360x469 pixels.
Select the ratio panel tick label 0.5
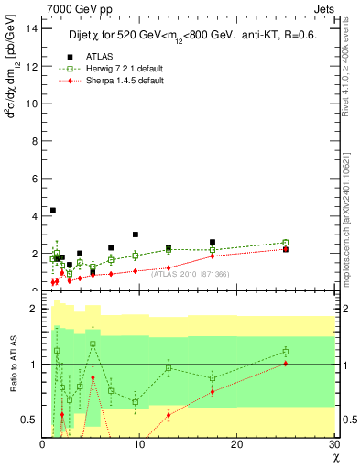pyautogui.click(x=29, y=420)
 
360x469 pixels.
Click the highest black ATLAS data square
pyautogui.click(x=53, y=210)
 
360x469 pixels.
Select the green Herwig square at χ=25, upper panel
pyautogui.click(x=286, y=243)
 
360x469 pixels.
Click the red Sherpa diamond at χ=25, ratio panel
pyautogui.click(x=286, y=364)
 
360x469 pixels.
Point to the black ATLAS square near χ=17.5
pyautogui.click(x=213, y=242)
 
